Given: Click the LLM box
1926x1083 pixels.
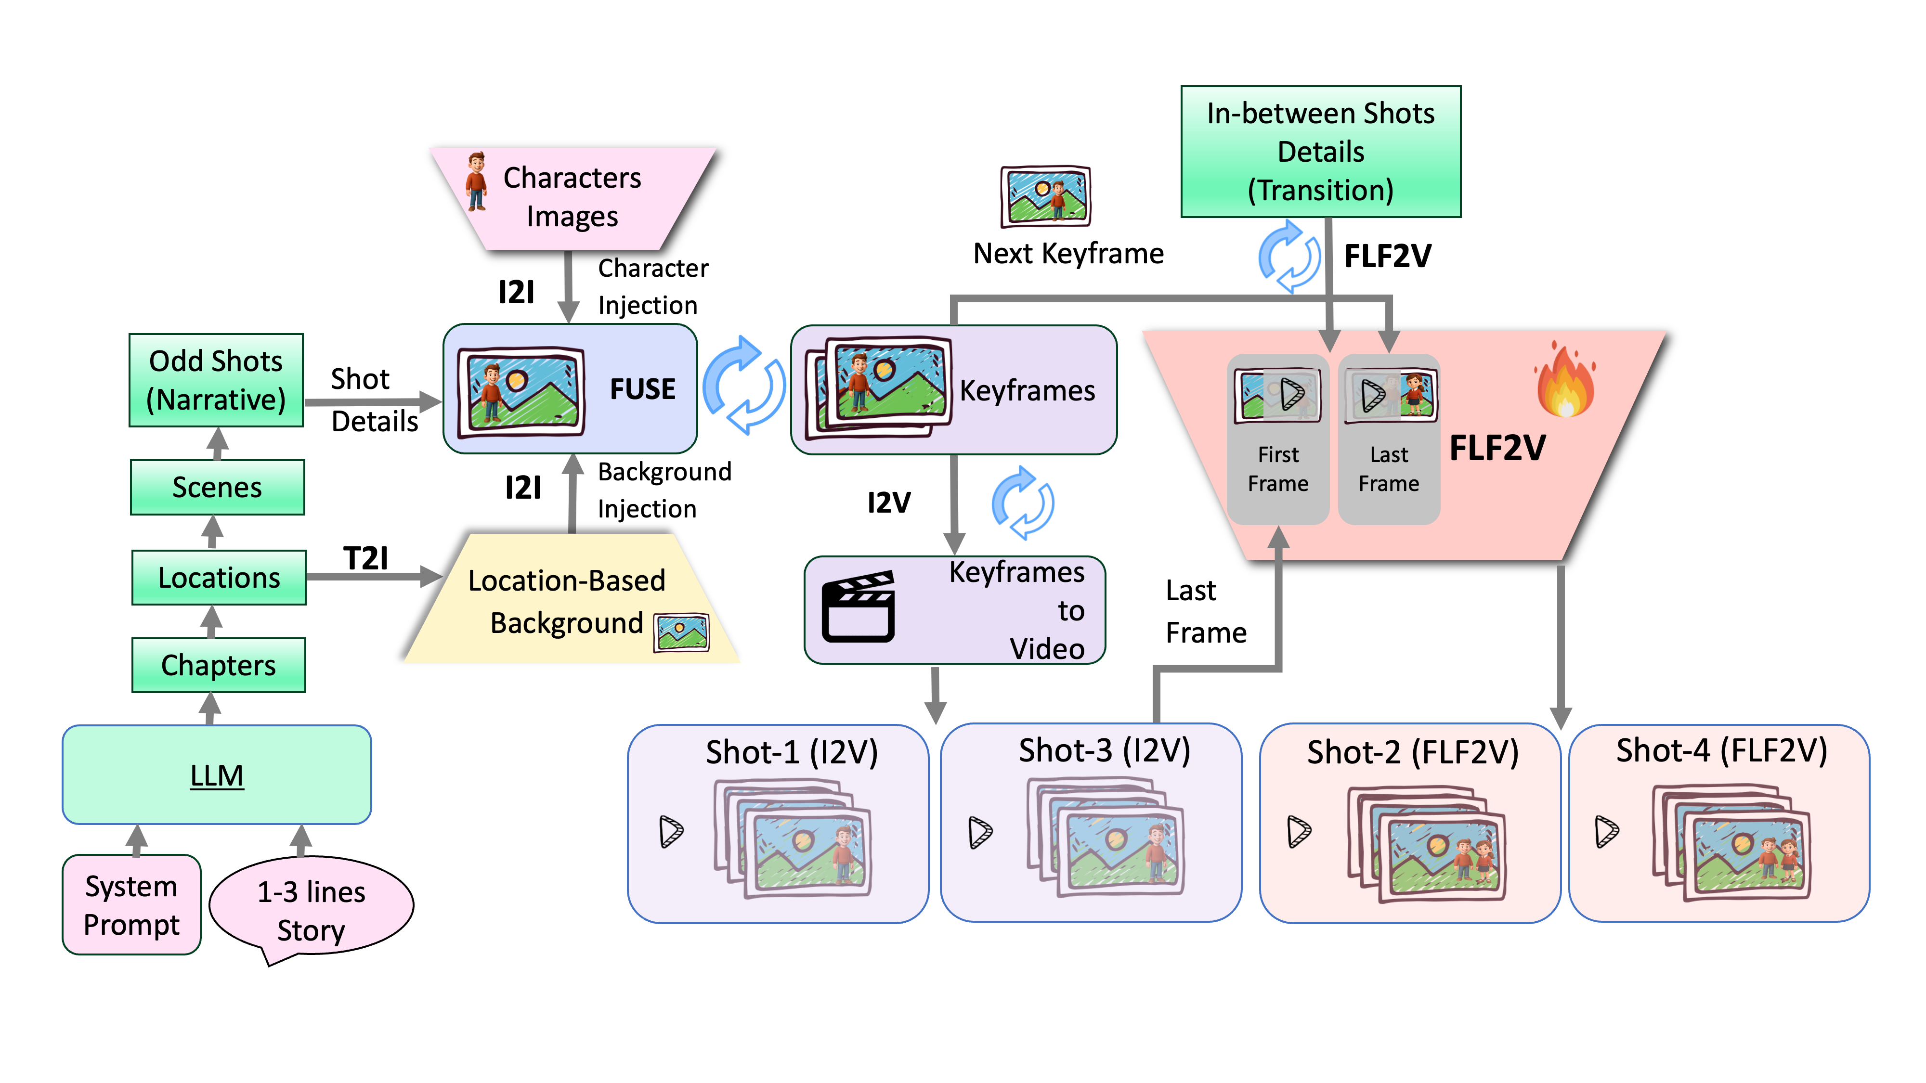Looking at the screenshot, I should [216, 774].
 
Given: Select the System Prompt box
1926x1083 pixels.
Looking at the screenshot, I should [131, 904].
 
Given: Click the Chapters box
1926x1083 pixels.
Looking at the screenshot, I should [218, 664].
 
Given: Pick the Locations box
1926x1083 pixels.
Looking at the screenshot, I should [218, 577].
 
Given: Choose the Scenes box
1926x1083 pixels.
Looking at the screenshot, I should [217, 487].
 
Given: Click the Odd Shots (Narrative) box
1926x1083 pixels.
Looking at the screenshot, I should [216, 380].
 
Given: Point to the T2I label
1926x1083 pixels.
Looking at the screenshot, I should [365, 557].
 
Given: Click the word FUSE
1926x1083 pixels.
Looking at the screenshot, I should [642, 388].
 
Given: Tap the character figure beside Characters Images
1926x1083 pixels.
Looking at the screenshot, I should [476, 181].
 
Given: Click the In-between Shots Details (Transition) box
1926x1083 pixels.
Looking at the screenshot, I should [1320, 152].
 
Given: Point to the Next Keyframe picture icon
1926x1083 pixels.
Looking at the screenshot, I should [1045, 196].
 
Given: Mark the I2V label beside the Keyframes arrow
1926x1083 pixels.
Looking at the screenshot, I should [888, 502].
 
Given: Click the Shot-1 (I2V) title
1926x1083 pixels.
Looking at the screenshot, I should [791, 752].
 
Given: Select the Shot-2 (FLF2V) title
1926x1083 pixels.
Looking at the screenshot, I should [1412, 752].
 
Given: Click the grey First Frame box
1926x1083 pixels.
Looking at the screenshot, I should [1278, 438].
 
